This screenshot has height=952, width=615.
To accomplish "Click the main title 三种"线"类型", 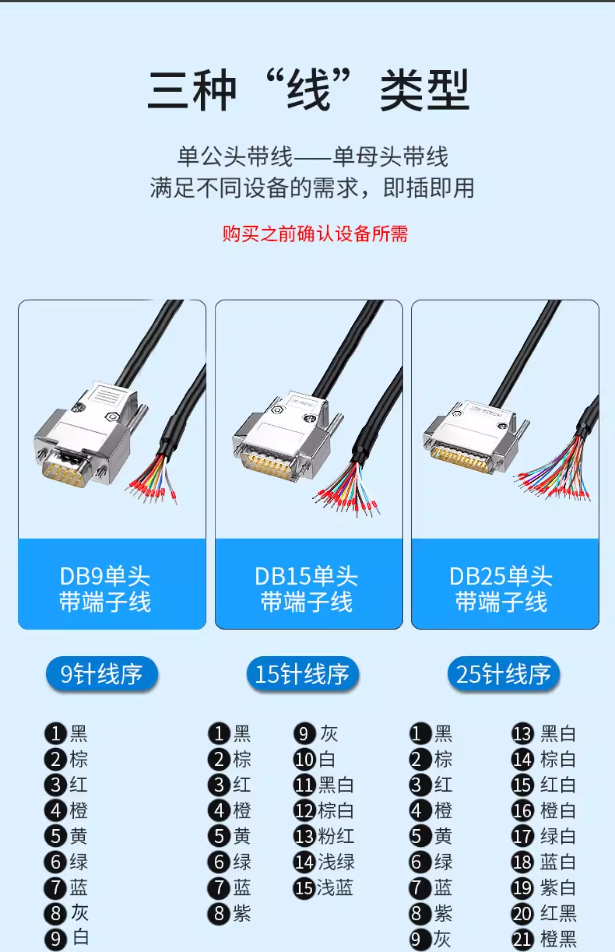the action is tap(308, 89).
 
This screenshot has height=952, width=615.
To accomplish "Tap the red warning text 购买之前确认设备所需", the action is tap(315, 234).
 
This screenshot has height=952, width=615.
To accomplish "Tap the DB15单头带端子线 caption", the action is tap(306, 589).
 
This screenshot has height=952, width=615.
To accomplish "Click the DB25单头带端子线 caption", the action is tap(501, 589).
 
